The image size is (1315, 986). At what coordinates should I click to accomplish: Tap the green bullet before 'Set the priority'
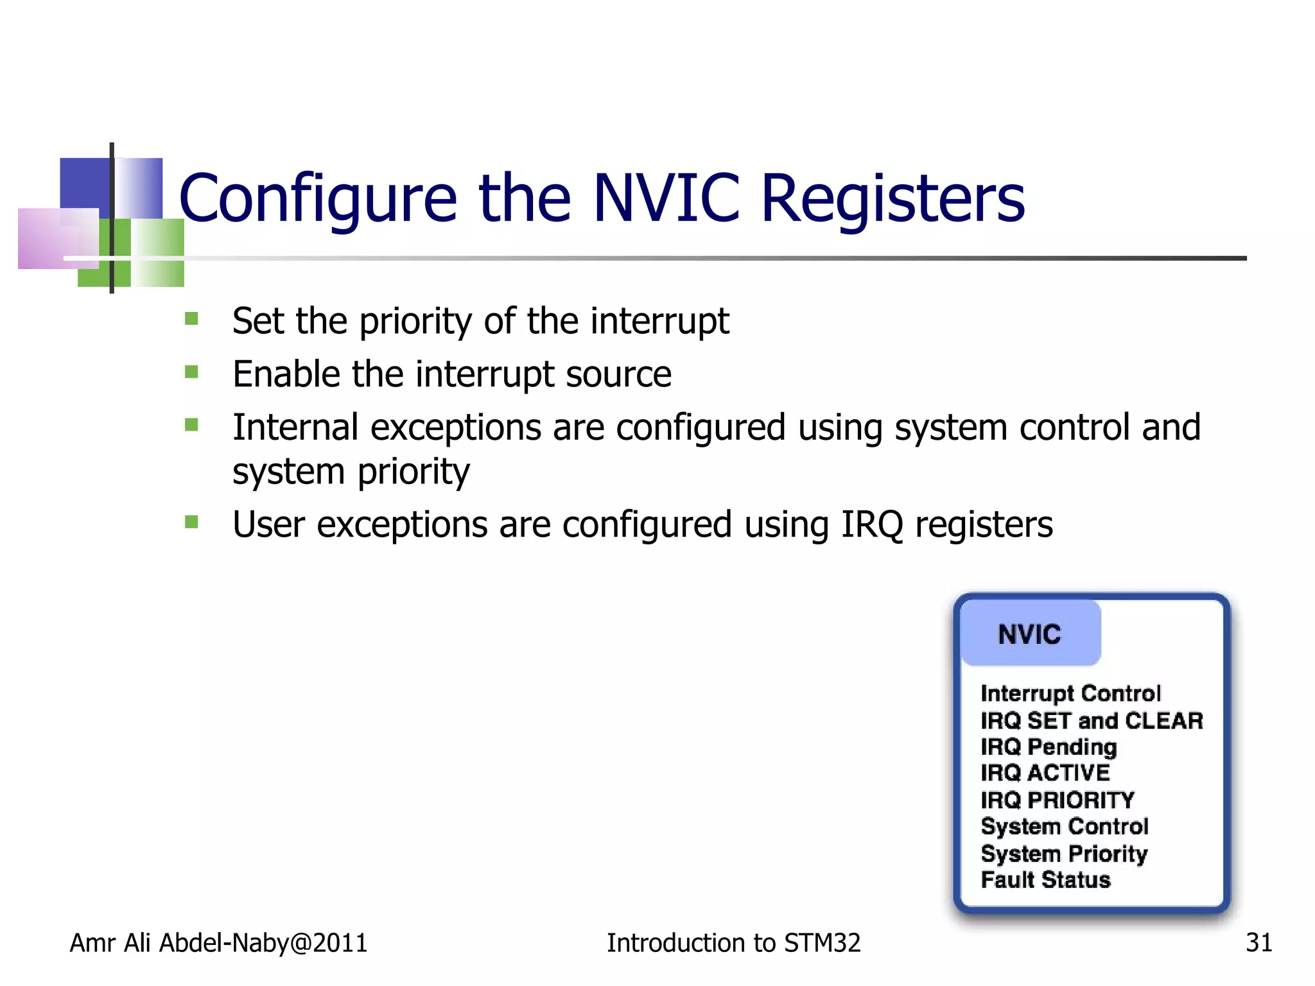click(191, 319)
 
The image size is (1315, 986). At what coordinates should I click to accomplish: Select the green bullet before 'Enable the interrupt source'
click(191, 372)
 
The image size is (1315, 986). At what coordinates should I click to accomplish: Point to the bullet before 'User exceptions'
click(191, 522)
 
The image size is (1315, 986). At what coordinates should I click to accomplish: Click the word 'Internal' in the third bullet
click(295, 428)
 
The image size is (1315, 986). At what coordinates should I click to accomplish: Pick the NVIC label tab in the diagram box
click(1030, 634)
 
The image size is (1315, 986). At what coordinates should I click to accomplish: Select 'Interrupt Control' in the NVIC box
click(1070, 693)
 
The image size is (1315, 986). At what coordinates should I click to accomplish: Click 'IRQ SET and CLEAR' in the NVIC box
click(1092, 721)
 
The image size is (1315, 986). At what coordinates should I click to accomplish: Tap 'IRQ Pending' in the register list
click(1049, 747)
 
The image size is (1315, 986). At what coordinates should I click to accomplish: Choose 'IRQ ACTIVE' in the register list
click(1045, 773)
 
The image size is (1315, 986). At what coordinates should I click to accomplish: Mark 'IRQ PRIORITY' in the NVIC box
click(1058, 800)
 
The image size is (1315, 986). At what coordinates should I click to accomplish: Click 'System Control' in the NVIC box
click(1065, 826)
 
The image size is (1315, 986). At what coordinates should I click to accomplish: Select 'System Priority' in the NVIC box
click(1064, 854)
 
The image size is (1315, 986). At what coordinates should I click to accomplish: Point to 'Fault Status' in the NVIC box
click(1045, 880)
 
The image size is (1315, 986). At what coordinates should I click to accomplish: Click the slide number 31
click(1258, 943)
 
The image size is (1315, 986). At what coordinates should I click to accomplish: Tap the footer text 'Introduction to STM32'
click(733, 943)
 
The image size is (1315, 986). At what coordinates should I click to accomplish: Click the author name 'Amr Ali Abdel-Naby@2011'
click(218, 943)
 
